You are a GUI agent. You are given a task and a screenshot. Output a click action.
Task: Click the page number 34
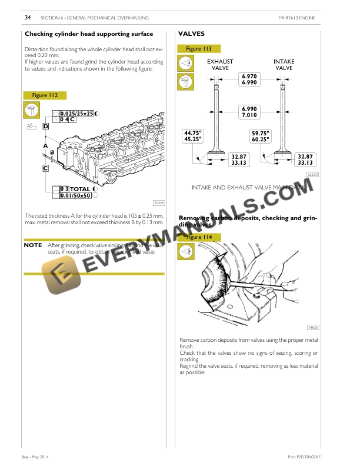tap(28, 18)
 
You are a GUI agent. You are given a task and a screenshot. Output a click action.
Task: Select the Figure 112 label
tap(45, 95)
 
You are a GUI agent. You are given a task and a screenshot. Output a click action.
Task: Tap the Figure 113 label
tap(199, 49)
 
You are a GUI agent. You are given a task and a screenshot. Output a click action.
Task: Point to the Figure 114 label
tap(199, 237)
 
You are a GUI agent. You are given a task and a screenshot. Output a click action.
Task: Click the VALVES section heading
tap(191, 34)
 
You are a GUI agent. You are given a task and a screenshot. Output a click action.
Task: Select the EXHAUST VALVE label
tap(219, 65)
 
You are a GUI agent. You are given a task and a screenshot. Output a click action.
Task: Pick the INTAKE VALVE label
tap(284, 65)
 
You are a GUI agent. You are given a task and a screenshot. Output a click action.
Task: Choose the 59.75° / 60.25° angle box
tap(260, 136)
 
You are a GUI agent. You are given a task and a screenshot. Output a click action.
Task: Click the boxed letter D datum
tap(46, 127)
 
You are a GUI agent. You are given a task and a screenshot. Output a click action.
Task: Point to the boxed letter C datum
tap(45, 168)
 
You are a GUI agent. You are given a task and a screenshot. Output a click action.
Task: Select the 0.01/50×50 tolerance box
tap(74, 195)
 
